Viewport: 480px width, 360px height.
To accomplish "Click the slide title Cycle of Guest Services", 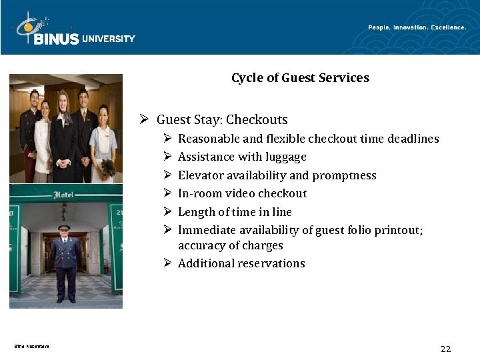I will click(x=300, y=78).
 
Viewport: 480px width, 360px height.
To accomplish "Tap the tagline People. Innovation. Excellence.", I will click(x=417, y=27).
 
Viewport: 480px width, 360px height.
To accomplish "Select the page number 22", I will click(x=446, y=349).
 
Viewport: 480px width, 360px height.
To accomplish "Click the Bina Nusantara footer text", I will click(x=31, y=345).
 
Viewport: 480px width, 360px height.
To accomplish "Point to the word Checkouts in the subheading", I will click(x=257, y=120).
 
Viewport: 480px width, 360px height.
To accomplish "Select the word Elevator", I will click(x=199, y=175).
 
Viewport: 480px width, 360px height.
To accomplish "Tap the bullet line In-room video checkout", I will click(x=242, y=193).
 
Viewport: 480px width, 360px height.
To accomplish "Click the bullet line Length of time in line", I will click(x=235, y=212).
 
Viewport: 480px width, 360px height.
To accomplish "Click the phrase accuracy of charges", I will click(x=230, y=245).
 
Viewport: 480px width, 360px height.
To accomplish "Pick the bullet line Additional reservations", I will click(x=241, y=263).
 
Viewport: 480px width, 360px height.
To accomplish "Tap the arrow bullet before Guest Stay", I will click(x=143, y=120).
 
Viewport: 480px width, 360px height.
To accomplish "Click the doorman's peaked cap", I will click(x=64, y=227).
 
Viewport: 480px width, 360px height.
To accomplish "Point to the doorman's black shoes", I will click(x=65, y=300).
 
